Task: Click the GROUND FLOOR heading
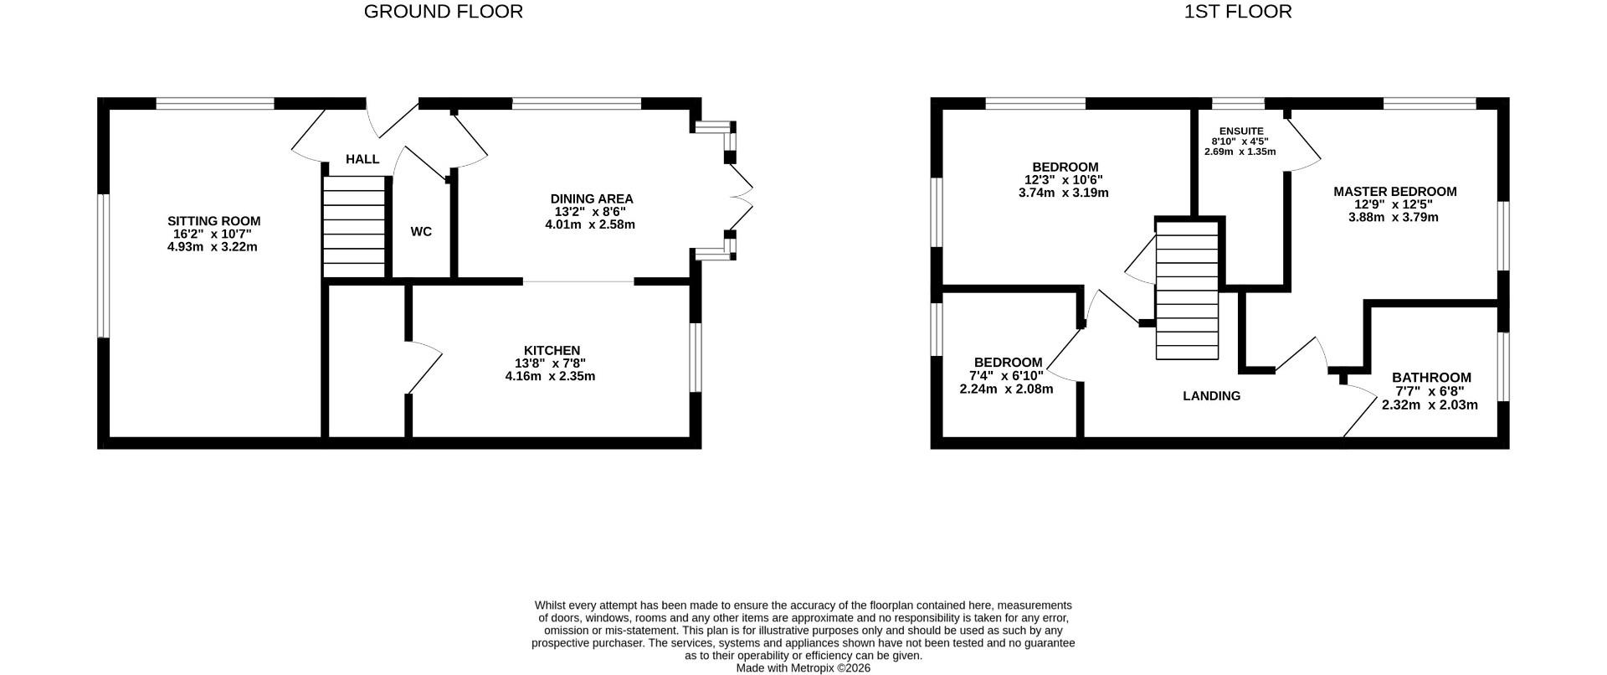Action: (443, 12)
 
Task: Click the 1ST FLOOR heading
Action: (1238, 12)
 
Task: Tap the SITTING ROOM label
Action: (213, 221)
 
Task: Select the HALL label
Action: (362, 159)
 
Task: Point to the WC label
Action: (421, 231)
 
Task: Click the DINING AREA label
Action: (591, 199)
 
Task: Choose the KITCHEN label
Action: (552, 351)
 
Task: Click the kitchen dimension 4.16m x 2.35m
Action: (550, 376)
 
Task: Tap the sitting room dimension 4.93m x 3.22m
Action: (213, 247)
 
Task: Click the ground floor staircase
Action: (354, 226)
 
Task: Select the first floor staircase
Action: (1187, 290)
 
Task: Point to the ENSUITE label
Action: (1241, 131)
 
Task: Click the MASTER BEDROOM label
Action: (1394, 192)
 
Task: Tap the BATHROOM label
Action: (1431, 378)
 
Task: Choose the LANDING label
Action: (1211, 396)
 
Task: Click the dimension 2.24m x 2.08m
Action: (1006, 389)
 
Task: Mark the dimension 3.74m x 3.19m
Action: (1064, 193)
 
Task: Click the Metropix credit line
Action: (803, 668)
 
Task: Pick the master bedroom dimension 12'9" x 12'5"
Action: (1394, 204)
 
